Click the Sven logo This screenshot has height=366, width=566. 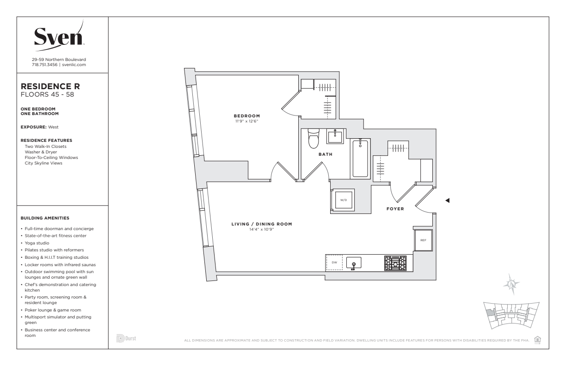pos(59,36)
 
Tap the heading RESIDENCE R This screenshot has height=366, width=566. pos(50,86)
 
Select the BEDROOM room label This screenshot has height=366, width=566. pos(247,116)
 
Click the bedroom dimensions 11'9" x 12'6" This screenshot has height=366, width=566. pos(247,121)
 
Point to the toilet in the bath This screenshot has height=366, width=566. pos(314,139)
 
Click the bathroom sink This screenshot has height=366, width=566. pos(335,136)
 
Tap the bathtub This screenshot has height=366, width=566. pos(360,159)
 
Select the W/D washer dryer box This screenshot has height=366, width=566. pos(344,200)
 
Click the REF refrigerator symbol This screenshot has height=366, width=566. pos(423,240)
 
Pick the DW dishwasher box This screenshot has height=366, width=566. pos(334,262)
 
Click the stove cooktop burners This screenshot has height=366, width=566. pos(395,263)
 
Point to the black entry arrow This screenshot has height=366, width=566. pos(447,200)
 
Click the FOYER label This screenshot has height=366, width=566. pos(395,209)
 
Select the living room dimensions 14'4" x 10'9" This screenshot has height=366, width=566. pos(262,229)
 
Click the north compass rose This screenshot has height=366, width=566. pos(511,284)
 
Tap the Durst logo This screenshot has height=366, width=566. pos(126,338)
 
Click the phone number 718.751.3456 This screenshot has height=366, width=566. pos(44,65)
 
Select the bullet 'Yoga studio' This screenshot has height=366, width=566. pos(37,243)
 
